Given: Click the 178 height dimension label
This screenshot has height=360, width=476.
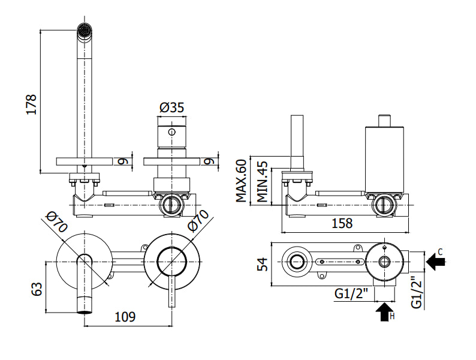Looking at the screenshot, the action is (x=31, y=104).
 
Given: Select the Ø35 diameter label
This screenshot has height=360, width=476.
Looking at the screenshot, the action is (x=172, y=107).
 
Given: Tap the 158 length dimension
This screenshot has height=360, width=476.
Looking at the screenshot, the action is (x=342, y=223).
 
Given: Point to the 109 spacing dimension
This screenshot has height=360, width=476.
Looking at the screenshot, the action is (x=125, y=317).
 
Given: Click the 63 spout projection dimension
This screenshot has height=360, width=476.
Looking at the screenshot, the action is (x=37, y=289).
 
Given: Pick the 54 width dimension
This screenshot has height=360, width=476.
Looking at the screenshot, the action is (x=263, y=264).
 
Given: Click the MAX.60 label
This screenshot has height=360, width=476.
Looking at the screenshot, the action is (x=242, y=181).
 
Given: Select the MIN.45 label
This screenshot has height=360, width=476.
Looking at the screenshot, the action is (x=263, y=182).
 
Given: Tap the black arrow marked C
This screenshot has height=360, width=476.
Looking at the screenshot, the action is (x=436, y=261).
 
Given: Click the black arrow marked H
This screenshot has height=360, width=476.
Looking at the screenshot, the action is (x=385, y=311).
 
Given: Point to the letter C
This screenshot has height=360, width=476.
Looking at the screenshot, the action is (x=441, y=251).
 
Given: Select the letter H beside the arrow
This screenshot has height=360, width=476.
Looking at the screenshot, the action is (x=392, y=317).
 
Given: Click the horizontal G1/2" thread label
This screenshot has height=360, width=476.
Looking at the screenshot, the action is (x=351, y=293).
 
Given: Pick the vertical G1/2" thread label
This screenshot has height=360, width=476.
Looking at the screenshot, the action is (x=417, y=293).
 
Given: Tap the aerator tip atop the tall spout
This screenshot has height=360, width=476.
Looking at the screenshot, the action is (x=84, y=31).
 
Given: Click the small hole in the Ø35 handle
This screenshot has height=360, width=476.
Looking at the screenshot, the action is (x=172, y=132).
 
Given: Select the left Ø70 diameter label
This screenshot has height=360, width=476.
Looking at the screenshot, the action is (x=56, y=222).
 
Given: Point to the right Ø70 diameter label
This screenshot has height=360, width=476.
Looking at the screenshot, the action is (x=198, y=221).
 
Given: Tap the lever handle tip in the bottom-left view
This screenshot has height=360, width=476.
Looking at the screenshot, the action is (x=172, y=305).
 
